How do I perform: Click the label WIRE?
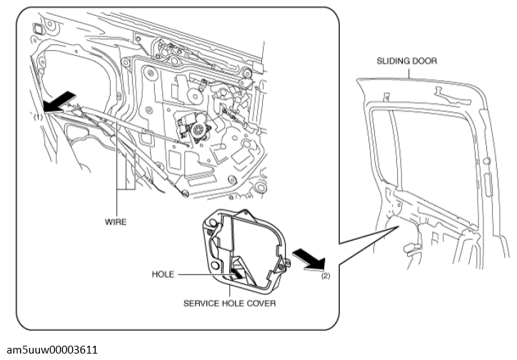pos(115,222)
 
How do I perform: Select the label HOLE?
pos(164,274)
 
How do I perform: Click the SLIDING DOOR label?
pos(407,61)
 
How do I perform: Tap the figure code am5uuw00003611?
pos(50,349)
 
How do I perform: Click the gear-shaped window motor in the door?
pos(194,129)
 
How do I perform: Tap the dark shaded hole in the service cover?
pos(236,269)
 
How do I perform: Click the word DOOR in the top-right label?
pos(425,61)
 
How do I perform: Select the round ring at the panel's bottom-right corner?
pos(186,192)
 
